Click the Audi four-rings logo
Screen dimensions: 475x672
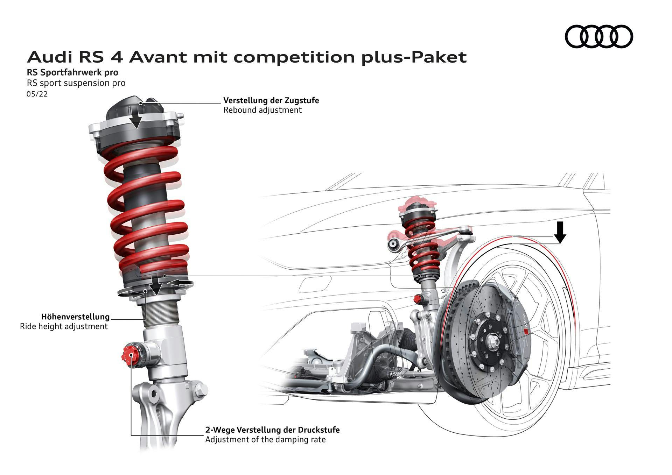tap(599, 36)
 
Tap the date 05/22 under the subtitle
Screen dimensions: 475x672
tap(37, 94)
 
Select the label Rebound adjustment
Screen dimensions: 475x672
tap(262, 110)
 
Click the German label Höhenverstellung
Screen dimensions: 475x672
tap(75, 317)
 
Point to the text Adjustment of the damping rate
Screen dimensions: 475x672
tap(265, 440)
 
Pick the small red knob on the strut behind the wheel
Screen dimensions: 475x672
tap(417, 299)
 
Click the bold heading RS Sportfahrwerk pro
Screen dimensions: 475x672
tap(72, 73)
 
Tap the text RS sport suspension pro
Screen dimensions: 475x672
tap(76, 83)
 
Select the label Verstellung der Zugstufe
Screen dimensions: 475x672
tap(271, 100)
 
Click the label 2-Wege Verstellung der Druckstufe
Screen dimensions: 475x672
tap(272, 430)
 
